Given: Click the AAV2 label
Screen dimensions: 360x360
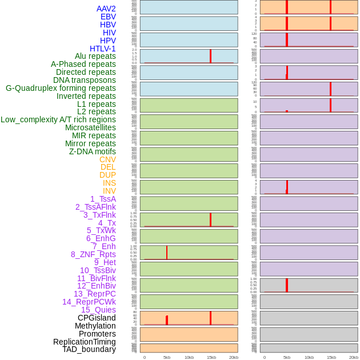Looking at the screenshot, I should coord(106,9).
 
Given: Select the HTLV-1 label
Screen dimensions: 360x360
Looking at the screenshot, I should coord(102,49).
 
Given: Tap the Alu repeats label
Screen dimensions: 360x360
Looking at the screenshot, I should coord(95,56).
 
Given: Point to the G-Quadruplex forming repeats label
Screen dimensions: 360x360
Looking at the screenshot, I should coord(61,88).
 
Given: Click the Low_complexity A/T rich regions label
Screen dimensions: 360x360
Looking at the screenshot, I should coord(58,119).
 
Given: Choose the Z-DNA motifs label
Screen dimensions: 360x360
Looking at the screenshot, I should coord(93,151).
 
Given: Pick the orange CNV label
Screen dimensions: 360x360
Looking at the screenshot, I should coord(107,159).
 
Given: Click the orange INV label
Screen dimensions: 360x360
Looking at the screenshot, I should coord(109,191).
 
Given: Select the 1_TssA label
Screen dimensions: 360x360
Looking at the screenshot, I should coord(103,199).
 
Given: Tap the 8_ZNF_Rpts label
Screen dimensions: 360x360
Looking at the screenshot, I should coord(93,254).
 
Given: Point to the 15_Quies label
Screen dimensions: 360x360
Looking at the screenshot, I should coord(98,310).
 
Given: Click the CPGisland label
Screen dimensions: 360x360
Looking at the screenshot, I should coord(97,318).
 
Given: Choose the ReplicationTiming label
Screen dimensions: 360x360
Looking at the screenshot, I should coord(85,342).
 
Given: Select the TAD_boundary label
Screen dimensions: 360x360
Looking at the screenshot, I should coord(89,349).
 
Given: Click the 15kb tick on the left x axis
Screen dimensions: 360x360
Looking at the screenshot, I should coord(211,357).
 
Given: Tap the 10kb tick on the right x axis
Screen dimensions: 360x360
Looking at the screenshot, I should coord(309,357).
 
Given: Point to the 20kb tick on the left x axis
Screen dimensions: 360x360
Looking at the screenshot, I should coord(234,357).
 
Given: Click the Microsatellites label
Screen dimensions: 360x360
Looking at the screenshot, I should coord(90,127).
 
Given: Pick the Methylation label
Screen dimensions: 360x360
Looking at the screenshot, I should coord(95,326).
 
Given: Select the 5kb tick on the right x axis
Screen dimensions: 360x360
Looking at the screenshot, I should coord(287,357).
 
